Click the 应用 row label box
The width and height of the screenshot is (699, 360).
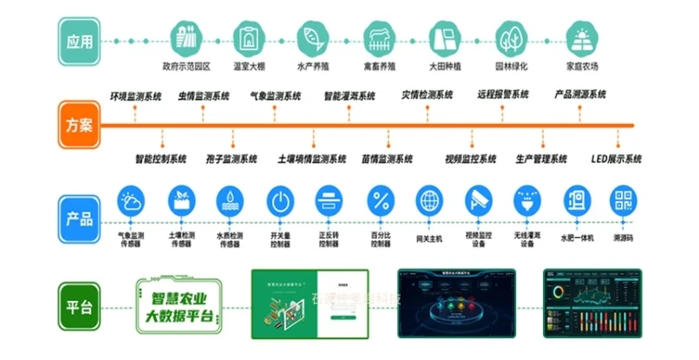[x=79, y=42]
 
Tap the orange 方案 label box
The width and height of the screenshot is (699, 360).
[x=79, y=125]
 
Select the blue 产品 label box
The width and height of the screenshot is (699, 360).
[x=79, y=211]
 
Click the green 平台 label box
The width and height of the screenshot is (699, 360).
[x=79, y=305]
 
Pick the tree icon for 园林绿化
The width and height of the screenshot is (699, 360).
[x=511, y=39]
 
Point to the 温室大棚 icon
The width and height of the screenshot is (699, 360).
[x=250, y=39]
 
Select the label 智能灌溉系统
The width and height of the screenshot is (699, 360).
[x=350, y=96]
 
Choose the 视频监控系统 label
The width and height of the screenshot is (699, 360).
[x=470, y=159]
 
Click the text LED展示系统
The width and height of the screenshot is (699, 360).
[x=616, y=159]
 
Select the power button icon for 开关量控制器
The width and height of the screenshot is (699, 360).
[x=280, y=201]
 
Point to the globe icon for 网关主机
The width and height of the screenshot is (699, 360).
[x=429, y=201]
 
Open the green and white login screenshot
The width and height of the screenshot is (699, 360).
[x=310, y=303]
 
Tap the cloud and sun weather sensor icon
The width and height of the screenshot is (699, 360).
[x=131, y=201]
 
